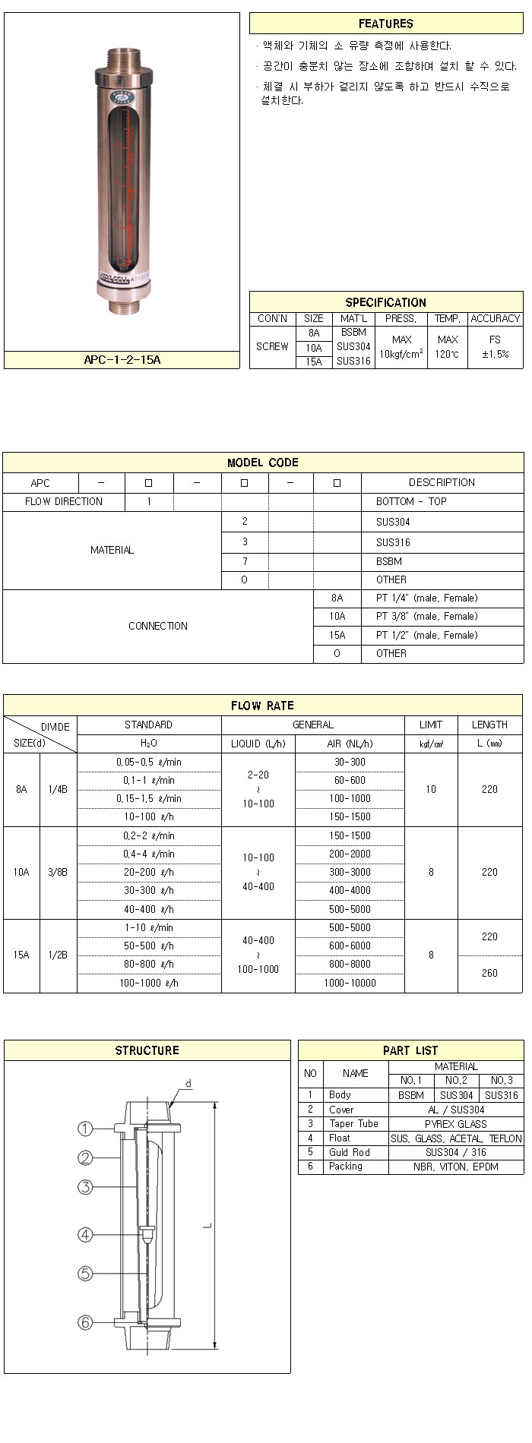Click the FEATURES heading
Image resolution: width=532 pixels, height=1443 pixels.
tap(386, 24)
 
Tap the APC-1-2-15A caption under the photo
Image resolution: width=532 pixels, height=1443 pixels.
tap(122, 360)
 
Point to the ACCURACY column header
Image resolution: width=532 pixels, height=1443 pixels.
tap(495, 319)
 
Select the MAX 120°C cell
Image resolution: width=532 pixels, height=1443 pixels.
tap(448, 347)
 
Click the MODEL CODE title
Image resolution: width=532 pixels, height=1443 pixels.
tap(263, 463)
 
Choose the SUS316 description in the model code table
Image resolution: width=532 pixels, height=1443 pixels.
tap(393, 542)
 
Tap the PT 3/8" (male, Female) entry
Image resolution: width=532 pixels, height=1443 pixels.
tap(426, 617)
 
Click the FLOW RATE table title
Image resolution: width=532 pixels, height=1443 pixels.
tap(263, 706)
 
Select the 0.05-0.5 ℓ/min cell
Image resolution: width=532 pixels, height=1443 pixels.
tap(149, 762)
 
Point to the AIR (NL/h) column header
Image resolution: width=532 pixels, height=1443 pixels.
tap(350, 744)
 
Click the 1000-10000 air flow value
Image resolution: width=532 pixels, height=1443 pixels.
tap(350, 983)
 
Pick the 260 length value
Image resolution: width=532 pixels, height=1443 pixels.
tap(489, 973)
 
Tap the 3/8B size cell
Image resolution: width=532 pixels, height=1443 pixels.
tap(58, 873)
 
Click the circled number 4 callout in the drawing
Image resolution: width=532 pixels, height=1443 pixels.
tap(86, 1235)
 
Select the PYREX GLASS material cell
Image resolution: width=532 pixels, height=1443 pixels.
tap(456, 1124)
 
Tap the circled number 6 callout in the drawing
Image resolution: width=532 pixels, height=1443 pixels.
tap(86, 1322)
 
